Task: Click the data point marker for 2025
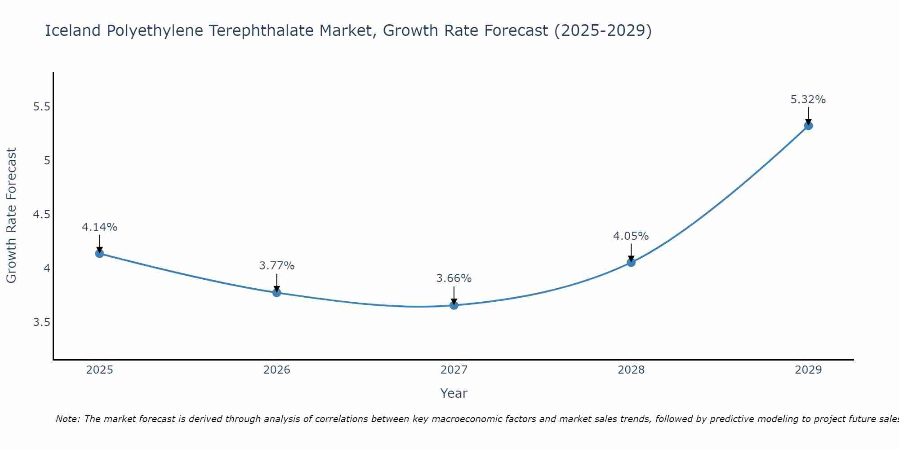[99, 254]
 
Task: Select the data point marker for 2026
[276, 293]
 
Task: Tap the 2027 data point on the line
[454, 305]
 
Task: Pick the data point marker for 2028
[631, 262]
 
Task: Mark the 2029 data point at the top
[808, 126]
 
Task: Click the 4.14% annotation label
[99, 227]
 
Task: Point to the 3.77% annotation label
[276, 266]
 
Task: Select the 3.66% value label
[454, 278]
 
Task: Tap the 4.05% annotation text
[631, 236]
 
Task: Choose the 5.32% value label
[808, 100]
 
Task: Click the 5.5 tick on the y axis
[41, 107]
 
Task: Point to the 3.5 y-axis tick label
[41, 322]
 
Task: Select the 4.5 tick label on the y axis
[41, 215]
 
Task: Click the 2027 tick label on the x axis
[454, 370]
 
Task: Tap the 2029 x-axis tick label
[808, 370]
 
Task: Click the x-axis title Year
[454, 393]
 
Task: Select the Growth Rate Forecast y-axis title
[12, 216]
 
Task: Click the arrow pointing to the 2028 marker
[631, 252]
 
